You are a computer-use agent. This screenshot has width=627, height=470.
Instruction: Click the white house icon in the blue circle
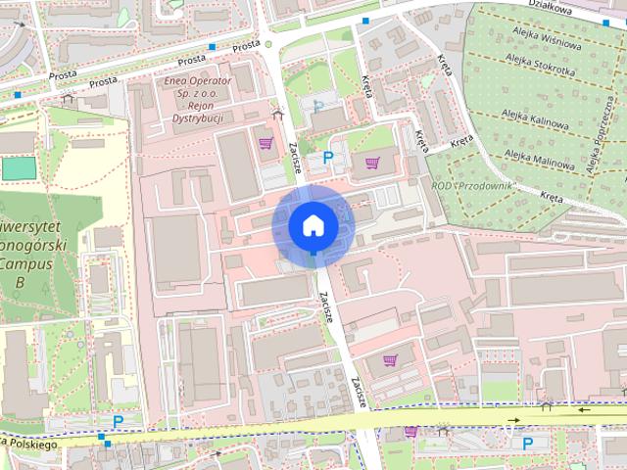coord(313,225)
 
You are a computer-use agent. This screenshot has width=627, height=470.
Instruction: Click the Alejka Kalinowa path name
coord(536,125)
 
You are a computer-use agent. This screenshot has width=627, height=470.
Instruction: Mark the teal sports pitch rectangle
coord(17,167)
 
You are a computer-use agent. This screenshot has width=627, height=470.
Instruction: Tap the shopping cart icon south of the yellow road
coord(410,431)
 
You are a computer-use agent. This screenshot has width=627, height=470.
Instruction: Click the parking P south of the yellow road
coord(528,444)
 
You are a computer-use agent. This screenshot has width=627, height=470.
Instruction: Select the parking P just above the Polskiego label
coord(118,422)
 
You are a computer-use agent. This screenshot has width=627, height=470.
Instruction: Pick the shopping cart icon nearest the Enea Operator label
coord(265,143)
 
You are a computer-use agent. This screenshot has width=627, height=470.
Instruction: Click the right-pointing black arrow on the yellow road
coord(511,422)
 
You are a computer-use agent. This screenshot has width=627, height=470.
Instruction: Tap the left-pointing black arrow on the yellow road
coord(585,409)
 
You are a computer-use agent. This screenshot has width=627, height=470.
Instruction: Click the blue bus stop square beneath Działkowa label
coord(605,23)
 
